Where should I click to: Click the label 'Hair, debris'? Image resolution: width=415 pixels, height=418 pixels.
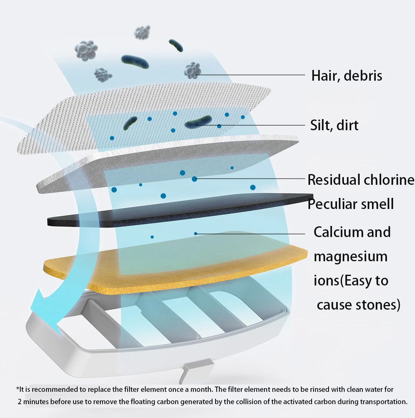pos(347,75)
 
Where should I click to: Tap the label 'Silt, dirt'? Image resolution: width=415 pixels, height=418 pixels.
pos(334,125)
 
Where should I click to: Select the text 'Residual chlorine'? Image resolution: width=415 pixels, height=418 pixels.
pos(361,180)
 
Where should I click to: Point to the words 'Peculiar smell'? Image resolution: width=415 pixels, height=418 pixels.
pos(351,204)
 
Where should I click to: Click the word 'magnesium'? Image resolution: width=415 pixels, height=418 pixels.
pos(350,256)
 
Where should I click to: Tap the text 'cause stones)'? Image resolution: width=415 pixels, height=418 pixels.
pos(359,305)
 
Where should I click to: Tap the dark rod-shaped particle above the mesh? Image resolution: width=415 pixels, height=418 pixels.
pos(135,61)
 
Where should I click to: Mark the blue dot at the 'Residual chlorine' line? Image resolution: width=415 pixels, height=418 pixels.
pos(194,179)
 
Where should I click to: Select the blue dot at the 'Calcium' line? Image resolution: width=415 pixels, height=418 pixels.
pos(196,233)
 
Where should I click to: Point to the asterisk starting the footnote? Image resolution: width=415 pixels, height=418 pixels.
pos(17,388)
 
